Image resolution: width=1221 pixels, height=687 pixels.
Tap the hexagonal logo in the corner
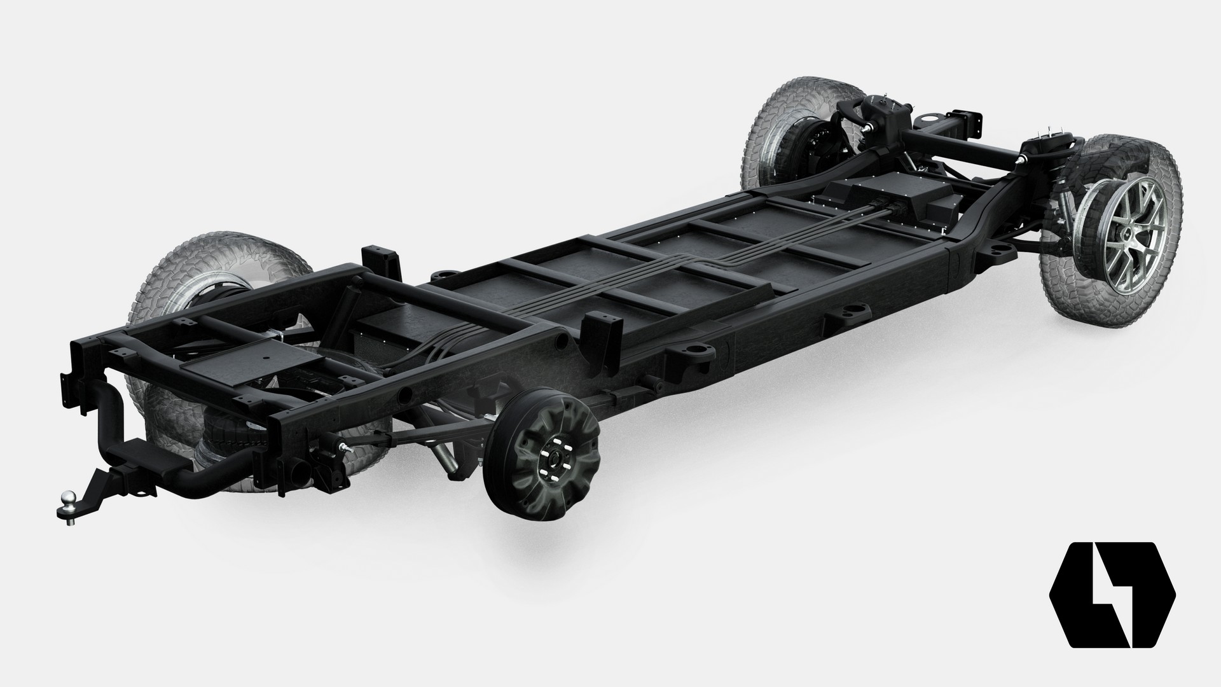1112,586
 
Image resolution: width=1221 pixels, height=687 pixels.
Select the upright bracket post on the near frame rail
600,326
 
